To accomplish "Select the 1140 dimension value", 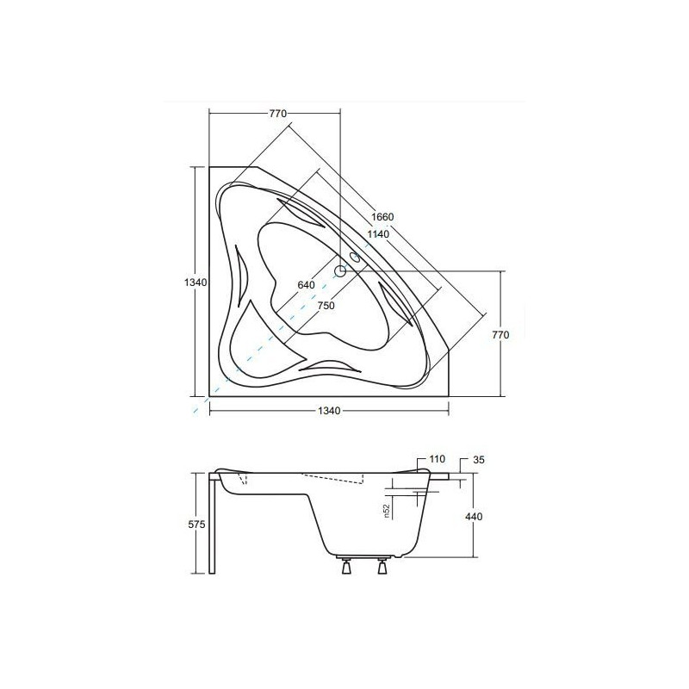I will coord(378,234).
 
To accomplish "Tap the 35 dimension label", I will coord(480,461).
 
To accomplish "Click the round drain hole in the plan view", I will coord(340,271).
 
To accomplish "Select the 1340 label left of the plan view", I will coord(198,282).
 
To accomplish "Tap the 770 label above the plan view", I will coord(276,114).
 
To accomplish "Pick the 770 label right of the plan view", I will coord(511,335).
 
